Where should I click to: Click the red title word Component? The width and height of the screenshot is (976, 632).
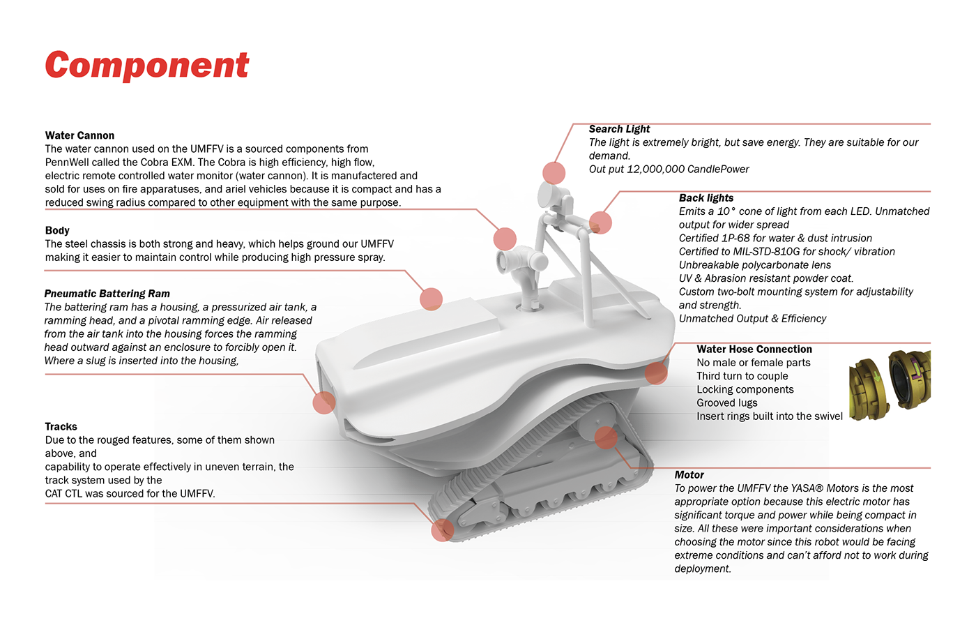tap(146, 66)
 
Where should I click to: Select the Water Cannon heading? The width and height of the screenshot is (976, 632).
tap(79, 135)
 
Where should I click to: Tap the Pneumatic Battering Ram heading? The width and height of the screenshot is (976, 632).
tap(107, 294)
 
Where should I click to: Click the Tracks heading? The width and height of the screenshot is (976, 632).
tap(61, 426)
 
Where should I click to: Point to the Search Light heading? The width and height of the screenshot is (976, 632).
tap(619, 129)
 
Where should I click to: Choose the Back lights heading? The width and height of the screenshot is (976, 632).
tap(706, 198)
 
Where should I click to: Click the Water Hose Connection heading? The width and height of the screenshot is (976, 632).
tap(754, 349)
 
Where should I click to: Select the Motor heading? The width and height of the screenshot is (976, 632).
tap(689, 475)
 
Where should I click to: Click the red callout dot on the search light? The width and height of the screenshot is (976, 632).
tap(554, 172)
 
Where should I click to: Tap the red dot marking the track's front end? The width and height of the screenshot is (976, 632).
tap(443, 530)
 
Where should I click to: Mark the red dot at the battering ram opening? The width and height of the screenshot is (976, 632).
tap(323, 402)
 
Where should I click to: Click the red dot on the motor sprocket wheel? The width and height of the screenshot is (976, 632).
tap(606, 437)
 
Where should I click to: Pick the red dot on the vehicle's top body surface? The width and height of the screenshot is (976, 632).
tap(432, 299)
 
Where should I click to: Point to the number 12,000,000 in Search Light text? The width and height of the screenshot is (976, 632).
tap(655, 170)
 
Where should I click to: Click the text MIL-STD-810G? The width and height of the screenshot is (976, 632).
tap(766, 252)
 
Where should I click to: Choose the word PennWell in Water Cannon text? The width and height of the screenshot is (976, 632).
tap(67, 163)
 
